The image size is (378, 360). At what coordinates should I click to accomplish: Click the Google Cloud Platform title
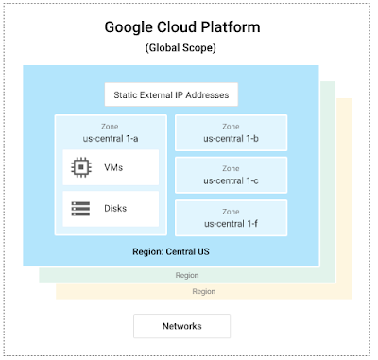(182, 27)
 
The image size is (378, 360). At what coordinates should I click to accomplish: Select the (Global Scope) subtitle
(180, 48)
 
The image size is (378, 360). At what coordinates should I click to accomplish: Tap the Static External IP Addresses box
(171, 94)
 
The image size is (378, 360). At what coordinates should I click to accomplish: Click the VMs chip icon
(81, 167)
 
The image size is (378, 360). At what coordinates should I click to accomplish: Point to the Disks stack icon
(80, 209)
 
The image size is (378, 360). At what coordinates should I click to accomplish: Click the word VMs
(113, 167)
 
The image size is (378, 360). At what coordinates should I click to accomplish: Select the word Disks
(115, 209)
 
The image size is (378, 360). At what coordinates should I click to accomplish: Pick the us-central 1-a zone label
(111, 139)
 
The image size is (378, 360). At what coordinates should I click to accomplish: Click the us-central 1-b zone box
(231, 132)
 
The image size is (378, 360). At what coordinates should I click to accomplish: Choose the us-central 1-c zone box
(231, 175)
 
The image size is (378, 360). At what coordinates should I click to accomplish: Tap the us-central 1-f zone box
(231, 218)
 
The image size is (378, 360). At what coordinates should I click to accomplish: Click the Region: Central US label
(171, 251)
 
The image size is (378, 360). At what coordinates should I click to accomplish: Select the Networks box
(182, 326)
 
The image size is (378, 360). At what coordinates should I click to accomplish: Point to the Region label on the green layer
(187, 276)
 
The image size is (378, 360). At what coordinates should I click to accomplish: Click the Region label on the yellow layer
(204, 292)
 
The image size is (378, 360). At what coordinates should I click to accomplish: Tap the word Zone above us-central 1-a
(110, 127)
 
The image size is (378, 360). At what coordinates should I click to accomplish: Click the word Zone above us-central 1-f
(231, 212)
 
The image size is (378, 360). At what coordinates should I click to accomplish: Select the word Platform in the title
(231, 27)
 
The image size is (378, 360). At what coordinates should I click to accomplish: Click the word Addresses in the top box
(207, 95)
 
